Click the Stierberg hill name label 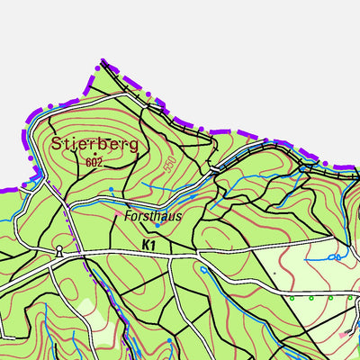(94, 143)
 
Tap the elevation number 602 (94, 163)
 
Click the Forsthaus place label (153, 216)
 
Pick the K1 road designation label (148, 244)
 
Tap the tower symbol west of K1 (59, 250)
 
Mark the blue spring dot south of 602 (111, 189)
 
